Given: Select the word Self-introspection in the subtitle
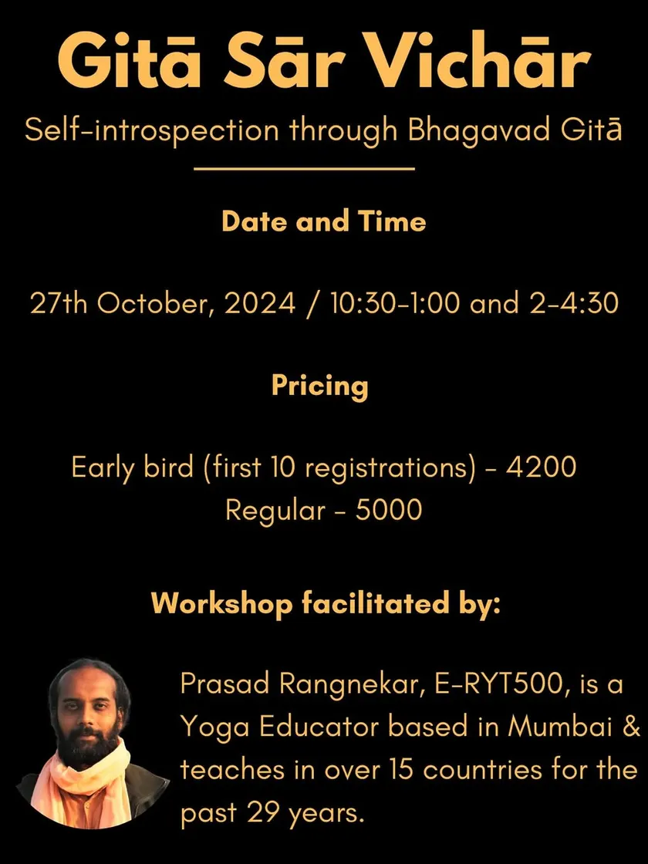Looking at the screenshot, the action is click(152, 132).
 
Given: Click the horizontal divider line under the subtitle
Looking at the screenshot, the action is click(304, 169).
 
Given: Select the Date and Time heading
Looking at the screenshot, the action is click(324, 221).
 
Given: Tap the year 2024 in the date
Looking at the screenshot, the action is click(259, 304).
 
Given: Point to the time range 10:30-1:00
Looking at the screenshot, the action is click(394, 304).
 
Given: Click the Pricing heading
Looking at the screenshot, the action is click(319, 386).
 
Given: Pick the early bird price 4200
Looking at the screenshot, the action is click(541, 467).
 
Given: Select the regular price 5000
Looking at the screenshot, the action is click(389, 510).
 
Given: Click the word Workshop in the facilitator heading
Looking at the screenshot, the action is click(221, 604).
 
